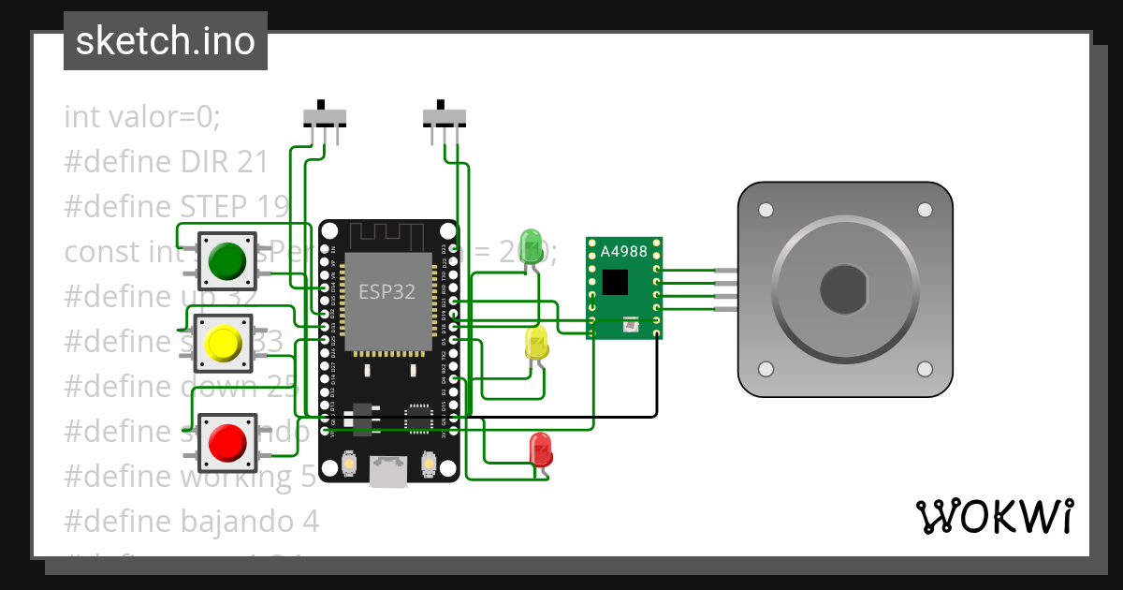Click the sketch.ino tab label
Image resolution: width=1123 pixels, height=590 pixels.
tap(166, 41)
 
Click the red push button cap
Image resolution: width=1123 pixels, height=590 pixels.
tap(226, 441)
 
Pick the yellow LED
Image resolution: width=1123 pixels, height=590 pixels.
tap(536, 343)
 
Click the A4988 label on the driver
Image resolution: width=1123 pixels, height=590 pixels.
tap(623, 251)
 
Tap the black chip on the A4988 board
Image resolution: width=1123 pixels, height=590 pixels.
tap(615, 281)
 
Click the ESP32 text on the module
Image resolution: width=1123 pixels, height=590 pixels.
tap(386, 291)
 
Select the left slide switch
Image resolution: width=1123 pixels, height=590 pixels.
tap(325, 116)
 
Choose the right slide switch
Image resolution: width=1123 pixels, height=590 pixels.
tap(444, 116)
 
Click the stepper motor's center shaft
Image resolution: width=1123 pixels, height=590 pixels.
tap(845, 288)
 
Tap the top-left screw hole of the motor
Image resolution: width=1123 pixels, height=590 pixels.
tap(766, 209)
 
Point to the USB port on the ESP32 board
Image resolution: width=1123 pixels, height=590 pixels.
tap(388, 471)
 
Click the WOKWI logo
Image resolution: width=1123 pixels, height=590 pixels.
tap(994, 516)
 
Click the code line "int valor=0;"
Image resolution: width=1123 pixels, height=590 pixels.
tap(142, 117)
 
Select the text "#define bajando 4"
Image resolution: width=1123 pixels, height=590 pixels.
tap(192, 521)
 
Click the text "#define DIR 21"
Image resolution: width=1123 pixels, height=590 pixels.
tap(167, 162)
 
